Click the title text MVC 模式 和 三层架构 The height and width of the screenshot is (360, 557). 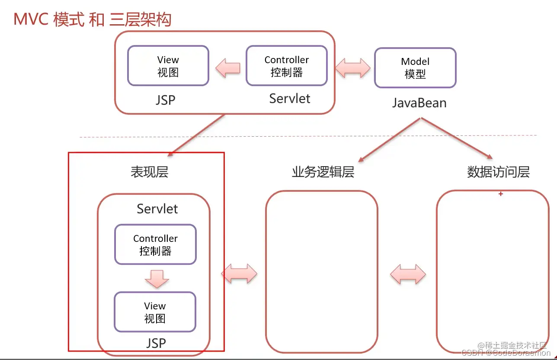coord(93,20)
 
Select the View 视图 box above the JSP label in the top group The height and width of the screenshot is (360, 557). coord(168,66)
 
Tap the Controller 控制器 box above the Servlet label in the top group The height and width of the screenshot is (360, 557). coord(286,66)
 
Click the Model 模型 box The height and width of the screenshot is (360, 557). coord(415,68)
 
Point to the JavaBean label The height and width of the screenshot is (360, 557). coord(419,103)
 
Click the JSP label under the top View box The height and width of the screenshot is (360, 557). coord(166,100)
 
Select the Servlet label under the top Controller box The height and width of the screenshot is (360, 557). coord(290,99)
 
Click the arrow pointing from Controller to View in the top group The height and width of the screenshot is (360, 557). coord(227,68)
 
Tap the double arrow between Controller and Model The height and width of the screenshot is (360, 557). coord(353,68)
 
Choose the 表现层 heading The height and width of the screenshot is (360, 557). coord(149,172)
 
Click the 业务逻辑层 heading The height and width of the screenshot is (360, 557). coord(323,172)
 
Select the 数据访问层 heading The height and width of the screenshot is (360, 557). coord(498,172)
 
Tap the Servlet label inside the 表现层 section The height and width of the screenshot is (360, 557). coord(157,209)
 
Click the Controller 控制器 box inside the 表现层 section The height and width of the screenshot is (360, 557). coord(155,244)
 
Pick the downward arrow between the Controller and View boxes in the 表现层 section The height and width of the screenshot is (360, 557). coord(156,279)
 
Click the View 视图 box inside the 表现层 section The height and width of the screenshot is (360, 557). coord(155,312)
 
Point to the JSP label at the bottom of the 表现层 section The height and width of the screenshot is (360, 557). coord(156,344)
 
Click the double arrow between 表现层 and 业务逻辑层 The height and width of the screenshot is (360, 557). coord(239,273)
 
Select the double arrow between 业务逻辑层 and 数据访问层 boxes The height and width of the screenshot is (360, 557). coord(408,274)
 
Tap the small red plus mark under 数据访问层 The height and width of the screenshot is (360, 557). coord(501,194)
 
